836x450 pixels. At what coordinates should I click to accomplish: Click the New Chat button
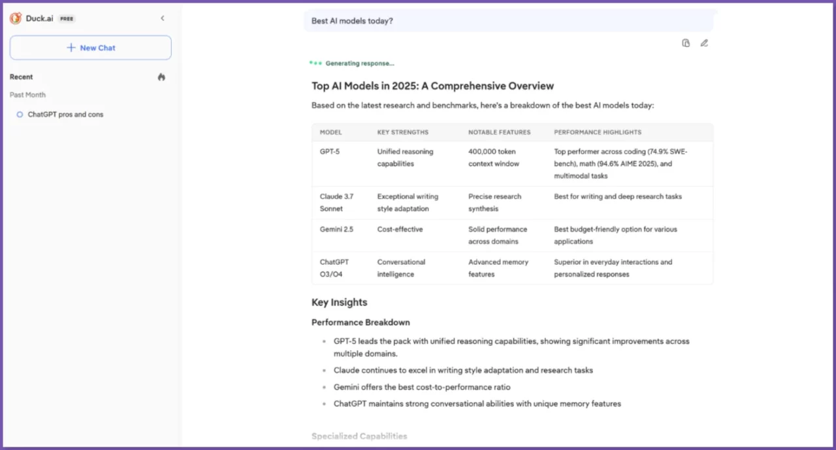click(91, 48)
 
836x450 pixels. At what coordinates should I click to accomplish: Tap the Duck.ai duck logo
click(16, 18)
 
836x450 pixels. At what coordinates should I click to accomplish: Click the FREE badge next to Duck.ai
click(67, 19)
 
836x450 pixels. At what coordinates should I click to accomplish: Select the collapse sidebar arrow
click(163, 18)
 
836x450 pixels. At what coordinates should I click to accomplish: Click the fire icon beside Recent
click(161, 77)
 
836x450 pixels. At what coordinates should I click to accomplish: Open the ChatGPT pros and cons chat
click(65, 114)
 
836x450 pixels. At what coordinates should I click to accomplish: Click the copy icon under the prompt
click(686, 43)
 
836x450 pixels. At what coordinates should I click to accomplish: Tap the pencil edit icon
click(704, 43)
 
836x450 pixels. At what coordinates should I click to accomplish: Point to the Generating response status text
click(360, 63)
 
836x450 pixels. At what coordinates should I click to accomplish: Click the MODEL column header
click(330, 132)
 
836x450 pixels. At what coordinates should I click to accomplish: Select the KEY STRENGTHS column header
click(403, 132)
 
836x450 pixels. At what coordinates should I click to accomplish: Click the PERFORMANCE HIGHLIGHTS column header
click(598, 132)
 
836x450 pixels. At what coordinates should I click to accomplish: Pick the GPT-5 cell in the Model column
click(330, 152)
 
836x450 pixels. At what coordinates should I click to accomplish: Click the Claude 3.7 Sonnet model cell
click(337, 203)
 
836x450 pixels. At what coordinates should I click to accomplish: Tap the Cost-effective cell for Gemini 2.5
click(400, 230)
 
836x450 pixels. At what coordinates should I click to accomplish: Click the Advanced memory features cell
click(498, 268)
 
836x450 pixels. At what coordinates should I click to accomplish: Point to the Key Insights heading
click(340, 302)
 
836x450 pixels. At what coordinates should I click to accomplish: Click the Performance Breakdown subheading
click(361, 322)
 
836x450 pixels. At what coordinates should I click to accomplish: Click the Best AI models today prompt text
click(352, 21)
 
